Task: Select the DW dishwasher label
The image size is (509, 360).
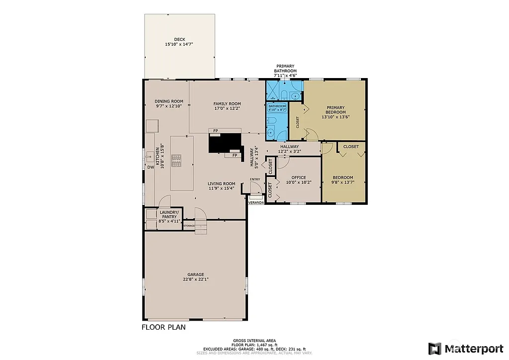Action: (x=150, y=168)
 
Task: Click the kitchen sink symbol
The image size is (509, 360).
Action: (x=149, y=157)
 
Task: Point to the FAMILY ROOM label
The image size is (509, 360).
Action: (x=227, y=103)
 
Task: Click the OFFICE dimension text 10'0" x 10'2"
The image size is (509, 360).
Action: (x=299, y=182)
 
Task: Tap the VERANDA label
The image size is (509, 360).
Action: (x=256, y=203)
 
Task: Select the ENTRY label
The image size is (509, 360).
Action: (x=254, y=180)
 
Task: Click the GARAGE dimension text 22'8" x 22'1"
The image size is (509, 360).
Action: (x=195, y=279)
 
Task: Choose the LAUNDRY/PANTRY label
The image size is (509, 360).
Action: (x=169, y=214)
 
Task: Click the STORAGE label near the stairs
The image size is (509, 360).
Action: (x=189, y=226)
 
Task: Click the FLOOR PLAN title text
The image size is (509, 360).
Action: (x=164, y=328)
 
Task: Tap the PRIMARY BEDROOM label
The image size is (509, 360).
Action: (x=336, y=110)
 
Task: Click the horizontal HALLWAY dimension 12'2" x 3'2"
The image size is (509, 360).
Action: (x=289, y=151)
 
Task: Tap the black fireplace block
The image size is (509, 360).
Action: (x=224, y=142)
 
